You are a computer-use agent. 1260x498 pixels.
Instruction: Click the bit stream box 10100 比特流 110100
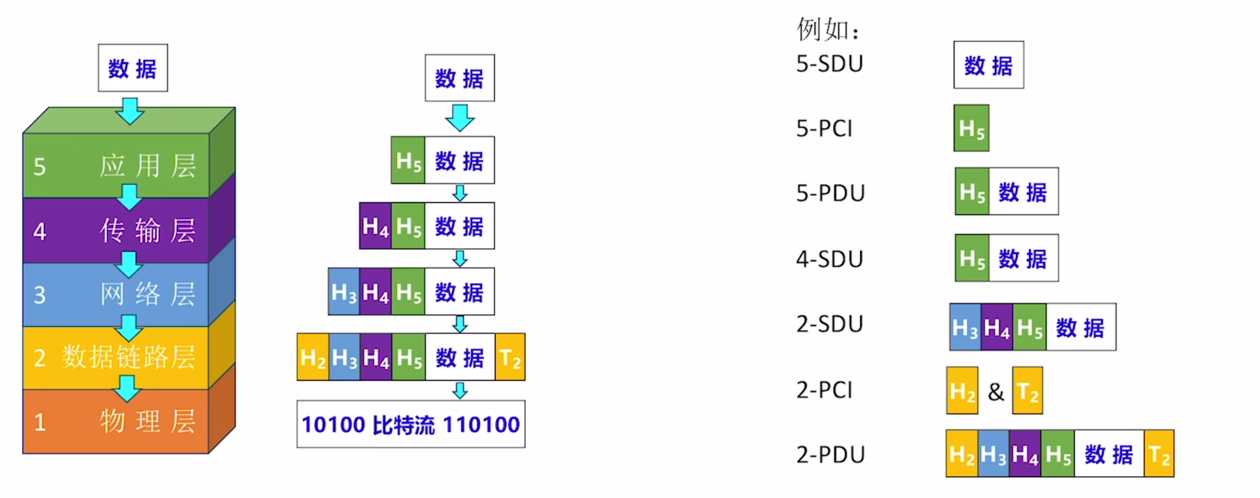[x=411, y=424]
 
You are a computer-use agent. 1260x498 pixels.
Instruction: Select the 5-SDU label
[x=829, y=64]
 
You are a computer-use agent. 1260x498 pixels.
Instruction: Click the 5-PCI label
[x=824, y=129]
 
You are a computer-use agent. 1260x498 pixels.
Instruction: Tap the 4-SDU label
[x=829, y=259]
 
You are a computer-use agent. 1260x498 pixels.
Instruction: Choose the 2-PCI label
[x=824, y=390]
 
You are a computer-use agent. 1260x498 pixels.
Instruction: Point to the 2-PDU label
[x=830, y=455]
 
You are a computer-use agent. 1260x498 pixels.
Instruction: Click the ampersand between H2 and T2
[x=996, y=391]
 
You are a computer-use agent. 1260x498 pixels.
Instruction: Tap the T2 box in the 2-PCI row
[x=1027, y=391]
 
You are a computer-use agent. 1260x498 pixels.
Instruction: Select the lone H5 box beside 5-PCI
[x=971, y=128]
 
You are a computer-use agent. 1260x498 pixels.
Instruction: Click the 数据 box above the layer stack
[x=133, y=68]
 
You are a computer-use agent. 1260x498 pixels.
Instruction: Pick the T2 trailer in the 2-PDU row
[x=1159, y=454]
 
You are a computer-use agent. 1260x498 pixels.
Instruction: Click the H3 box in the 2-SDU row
[x=965, y=327]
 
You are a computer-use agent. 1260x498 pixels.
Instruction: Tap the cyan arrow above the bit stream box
[x=460, y=391]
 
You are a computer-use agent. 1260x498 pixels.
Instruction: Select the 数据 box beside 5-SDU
[x=988, y=65]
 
